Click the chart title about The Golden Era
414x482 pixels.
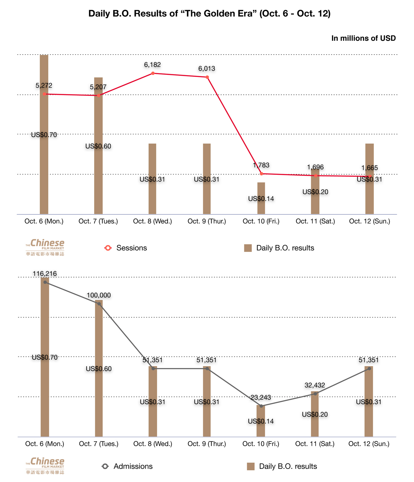[209, 14]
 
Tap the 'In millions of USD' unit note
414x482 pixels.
[363, 38]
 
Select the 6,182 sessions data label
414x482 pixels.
[152, 65]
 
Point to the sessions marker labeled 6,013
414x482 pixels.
[207, 77]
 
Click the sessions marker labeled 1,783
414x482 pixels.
[261, 174]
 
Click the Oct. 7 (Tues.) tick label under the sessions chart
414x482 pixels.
[98, 221]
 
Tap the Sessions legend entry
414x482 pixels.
[126, 248]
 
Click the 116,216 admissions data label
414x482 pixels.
[45, 274]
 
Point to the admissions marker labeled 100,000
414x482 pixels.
[99, 304]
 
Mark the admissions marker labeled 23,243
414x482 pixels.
[261, 406]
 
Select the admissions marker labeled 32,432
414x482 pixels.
[315, 394]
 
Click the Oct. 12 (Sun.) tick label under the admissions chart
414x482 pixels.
[369, 444]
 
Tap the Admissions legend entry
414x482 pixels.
[127, 467]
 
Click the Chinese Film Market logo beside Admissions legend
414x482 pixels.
[45, 466]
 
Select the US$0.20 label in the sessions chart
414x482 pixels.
[315, 192]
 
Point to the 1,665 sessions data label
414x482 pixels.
[370, 168]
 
